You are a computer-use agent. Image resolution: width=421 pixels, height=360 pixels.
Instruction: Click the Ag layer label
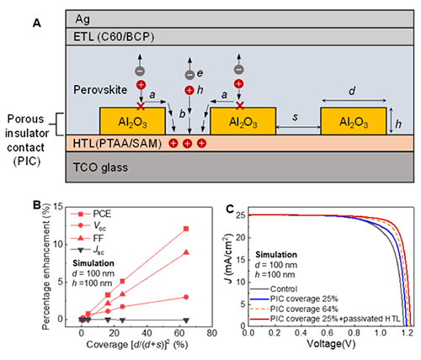pyautogui.click(x=83, y=19)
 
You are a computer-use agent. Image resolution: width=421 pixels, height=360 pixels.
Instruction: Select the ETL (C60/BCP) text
pyautogui.click(x=114, y=37)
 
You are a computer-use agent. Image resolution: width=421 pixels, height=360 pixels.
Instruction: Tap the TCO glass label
pyautogui.click(x=100, y=167)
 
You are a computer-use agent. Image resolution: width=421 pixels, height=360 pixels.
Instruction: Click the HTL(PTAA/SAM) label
pyautogui.click(x=117, y=143)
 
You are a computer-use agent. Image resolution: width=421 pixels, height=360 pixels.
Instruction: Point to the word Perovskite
pyautogui.click(x=100, y=90)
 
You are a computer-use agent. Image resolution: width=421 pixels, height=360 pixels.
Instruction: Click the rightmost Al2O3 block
pyautogui.click(x=354, y=121)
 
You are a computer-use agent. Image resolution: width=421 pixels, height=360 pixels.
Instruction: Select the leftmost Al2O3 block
pyautogui.click(x=132, y=121)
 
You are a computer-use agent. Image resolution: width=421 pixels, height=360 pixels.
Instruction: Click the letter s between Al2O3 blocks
pyautogui.click(x=295, y=117)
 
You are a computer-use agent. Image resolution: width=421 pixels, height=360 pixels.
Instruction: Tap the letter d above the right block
pyautogui.click(x=352, y=91)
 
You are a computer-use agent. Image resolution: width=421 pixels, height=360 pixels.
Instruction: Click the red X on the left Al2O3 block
pyautogui.click(x=141, y=106)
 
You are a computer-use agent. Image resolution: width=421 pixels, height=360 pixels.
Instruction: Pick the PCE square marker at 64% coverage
pyautogui.click(x=186, y=229)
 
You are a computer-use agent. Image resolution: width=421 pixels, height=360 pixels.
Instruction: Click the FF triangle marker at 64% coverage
pyautogui.click(x=186, y=252)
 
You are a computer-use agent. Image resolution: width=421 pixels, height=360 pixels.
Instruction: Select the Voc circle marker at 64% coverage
pyautogui.click(x=186, y=297)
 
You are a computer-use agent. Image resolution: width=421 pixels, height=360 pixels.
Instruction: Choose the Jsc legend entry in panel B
pyautogui.click(x=88, y=250)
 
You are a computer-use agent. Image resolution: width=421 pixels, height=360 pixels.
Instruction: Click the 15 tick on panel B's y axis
pyautogui.click(x=58, y=207)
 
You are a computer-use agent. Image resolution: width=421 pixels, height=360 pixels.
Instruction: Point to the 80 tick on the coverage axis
pyautogui.click(x=211, y=333)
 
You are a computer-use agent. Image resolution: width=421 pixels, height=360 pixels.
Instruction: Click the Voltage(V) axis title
pyautogui.click(x=331, y=344)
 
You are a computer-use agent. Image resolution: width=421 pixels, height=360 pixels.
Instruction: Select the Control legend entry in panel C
pyautogui.click(x=274, y=289)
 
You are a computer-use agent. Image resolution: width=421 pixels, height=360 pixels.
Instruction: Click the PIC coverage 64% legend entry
pyautogui.click(x=294, y=309)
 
